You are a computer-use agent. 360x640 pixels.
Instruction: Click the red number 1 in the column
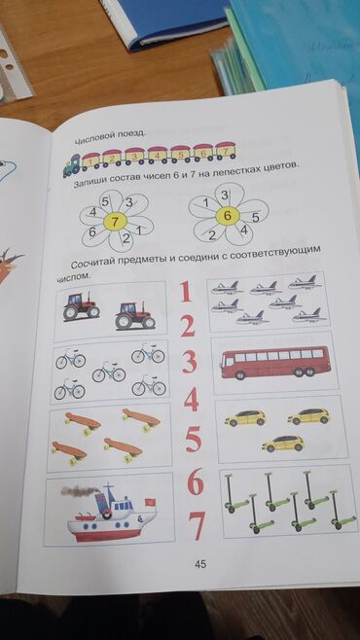point(186,292)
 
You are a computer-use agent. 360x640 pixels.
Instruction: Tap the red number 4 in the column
point(191,399)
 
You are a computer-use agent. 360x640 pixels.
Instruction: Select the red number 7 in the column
point(197,526)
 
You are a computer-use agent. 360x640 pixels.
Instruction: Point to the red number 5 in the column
point(194,440)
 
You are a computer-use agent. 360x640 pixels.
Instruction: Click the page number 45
point(200,564)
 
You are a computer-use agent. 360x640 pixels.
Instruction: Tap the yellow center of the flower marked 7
point(115,222)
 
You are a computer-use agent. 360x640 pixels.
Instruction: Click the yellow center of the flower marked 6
point(229,216)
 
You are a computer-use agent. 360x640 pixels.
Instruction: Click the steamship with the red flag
point(109,512)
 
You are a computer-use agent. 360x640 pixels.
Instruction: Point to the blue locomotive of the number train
point(72,165)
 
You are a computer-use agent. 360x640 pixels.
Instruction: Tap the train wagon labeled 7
point(226,151)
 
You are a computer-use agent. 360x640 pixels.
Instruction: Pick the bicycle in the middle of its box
point(109,372)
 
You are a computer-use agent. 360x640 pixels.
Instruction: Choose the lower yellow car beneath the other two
point(283,444)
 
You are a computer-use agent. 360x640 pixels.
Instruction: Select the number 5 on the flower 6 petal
point(256,218)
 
